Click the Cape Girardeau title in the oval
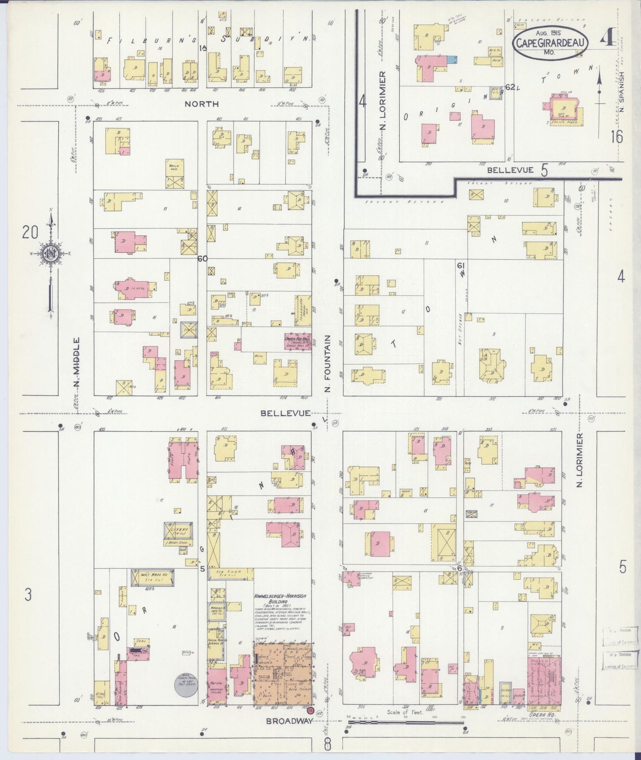pos(551,43)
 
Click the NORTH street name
pos(202,104)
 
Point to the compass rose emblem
pos(51,254)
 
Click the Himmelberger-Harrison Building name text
pos(281,596)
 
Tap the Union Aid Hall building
pos(297,342)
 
